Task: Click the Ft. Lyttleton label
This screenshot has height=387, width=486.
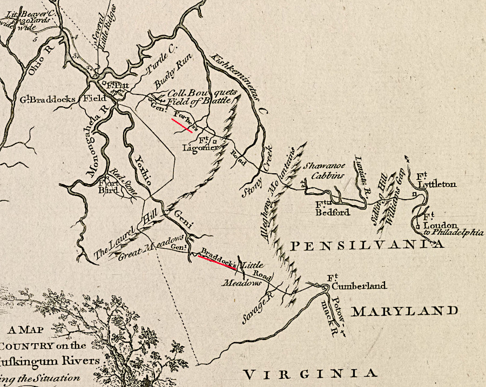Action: coord(436,180)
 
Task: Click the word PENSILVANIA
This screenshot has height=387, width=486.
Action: coord(368,246)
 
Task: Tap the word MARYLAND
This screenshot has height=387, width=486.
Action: coord(404,311)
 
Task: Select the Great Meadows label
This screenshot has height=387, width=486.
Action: coord(151,248)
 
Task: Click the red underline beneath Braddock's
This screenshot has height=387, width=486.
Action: coord(217,261)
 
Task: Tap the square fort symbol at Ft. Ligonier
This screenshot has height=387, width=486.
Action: coord(214,141)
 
